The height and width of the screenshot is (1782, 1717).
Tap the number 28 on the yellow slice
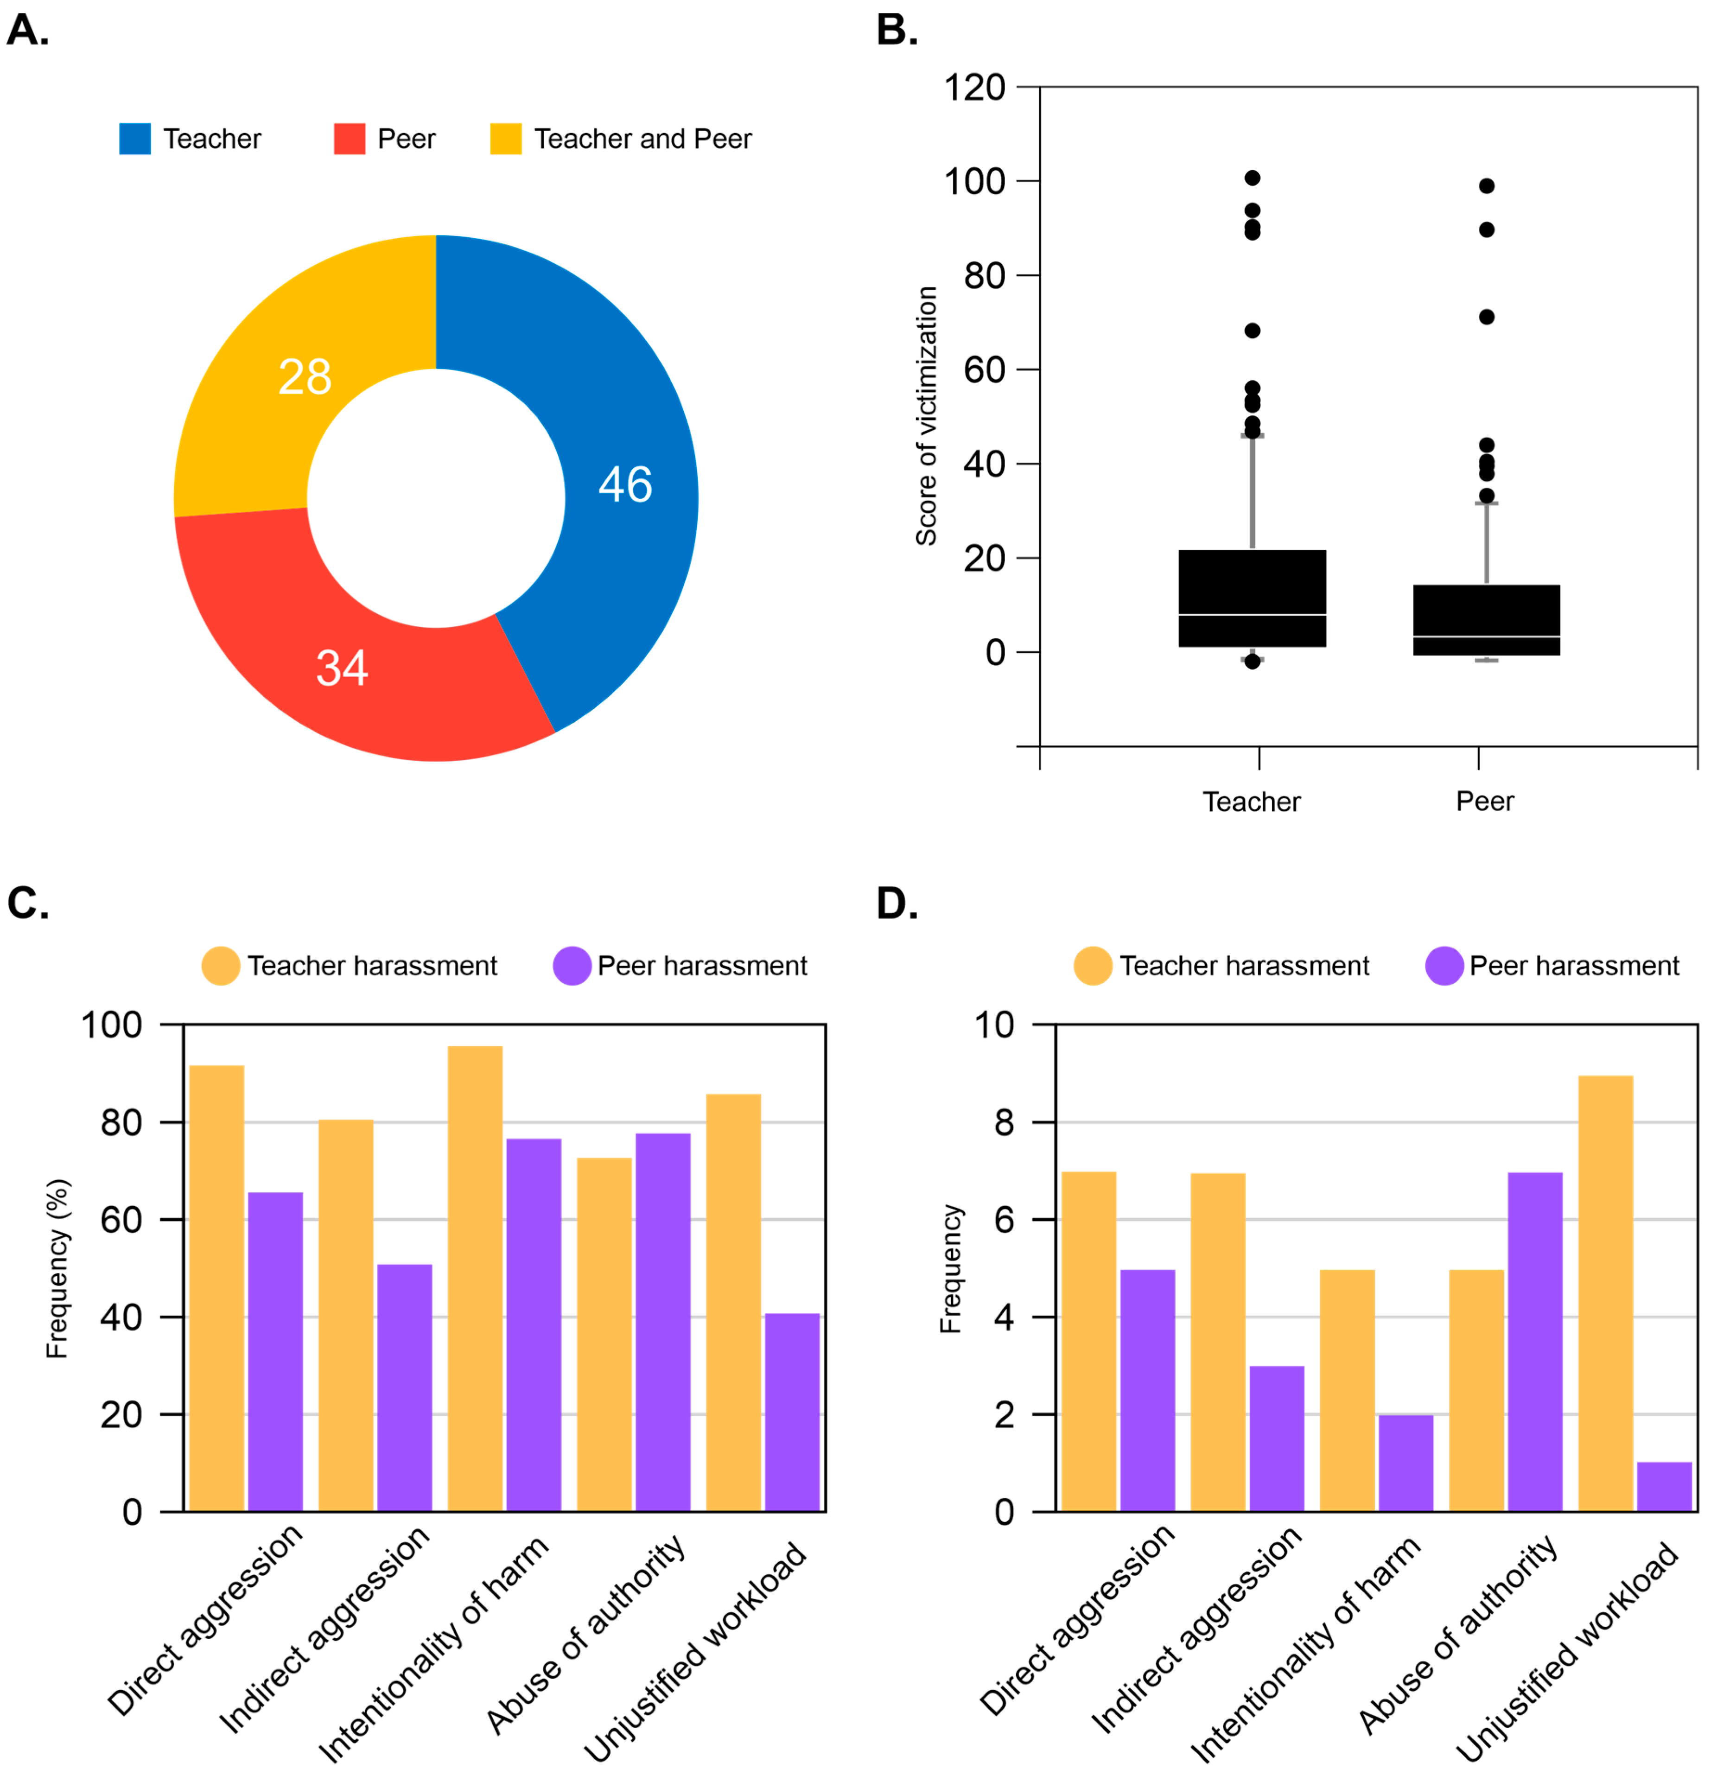pyautogui.click(x=305, y=376)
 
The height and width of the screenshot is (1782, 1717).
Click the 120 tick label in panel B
pyautogui.click(x=974, y=88)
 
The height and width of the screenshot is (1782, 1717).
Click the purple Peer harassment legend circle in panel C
pyautogui.click(x=572, y=966)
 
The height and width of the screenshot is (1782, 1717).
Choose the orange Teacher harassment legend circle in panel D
pyautogui.click(x=1093, y=966)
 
